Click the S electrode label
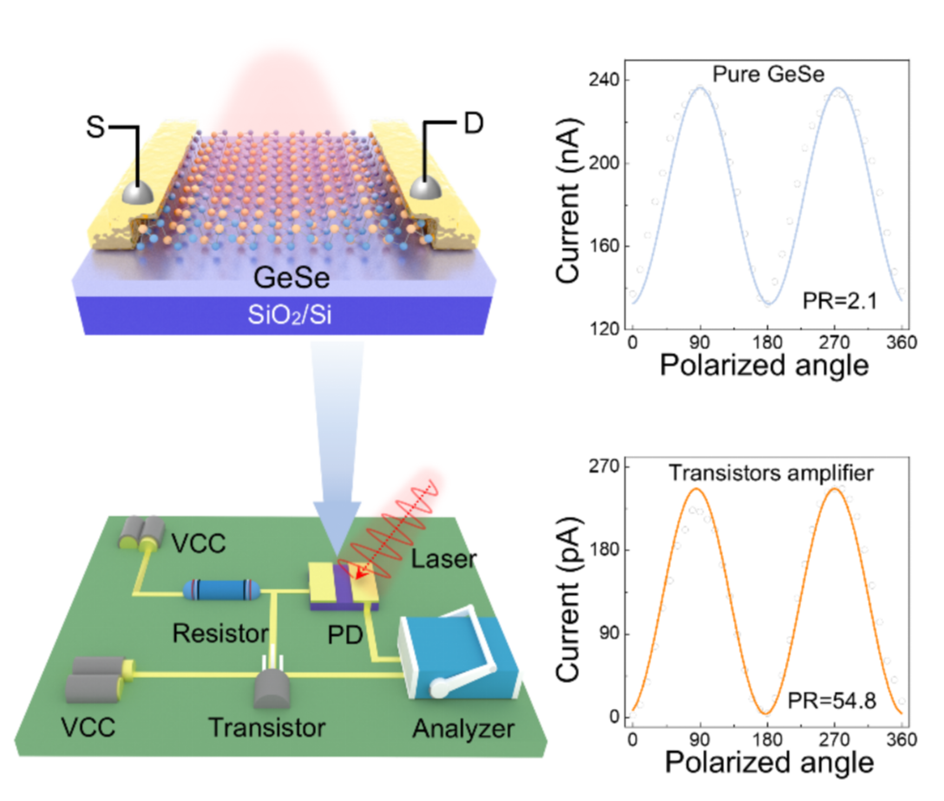(x=95, y=127)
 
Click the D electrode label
(x=473, y=124)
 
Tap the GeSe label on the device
(x=291, y=278)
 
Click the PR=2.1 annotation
(x=840, y=301)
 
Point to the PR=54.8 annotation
(x=831, y=701)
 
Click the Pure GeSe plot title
(x=768, y=74)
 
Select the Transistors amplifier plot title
(x=771, y=473)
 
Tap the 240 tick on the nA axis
(x=604, y=80)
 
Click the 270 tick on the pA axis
(x=604, y=466)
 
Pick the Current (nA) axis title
(x=568, y=200)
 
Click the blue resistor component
(x=221, y=590)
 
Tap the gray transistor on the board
(x=272, y=688)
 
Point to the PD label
(x=345, y=635)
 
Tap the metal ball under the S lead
(x=137, y=193)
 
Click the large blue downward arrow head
(x=337, y=528)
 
